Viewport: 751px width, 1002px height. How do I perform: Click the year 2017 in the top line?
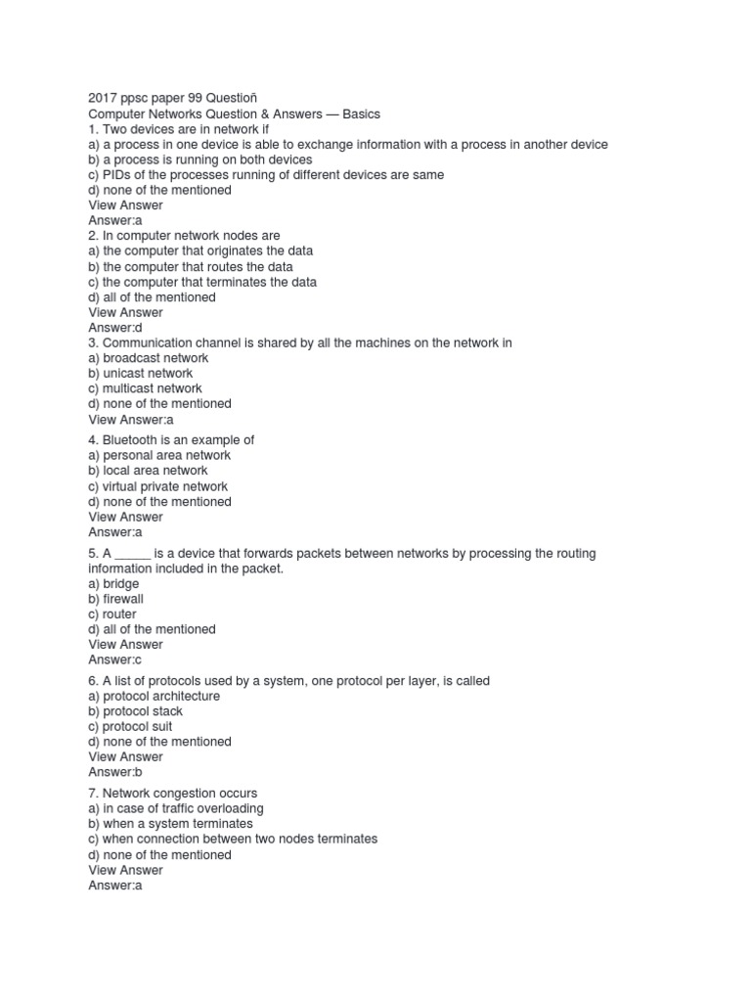103,99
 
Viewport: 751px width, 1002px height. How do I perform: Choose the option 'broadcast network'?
149,358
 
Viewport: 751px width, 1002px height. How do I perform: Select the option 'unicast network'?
140,374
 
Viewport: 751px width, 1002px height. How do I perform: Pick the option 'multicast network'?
145,388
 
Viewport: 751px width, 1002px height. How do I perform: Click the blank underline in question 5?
132,555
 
